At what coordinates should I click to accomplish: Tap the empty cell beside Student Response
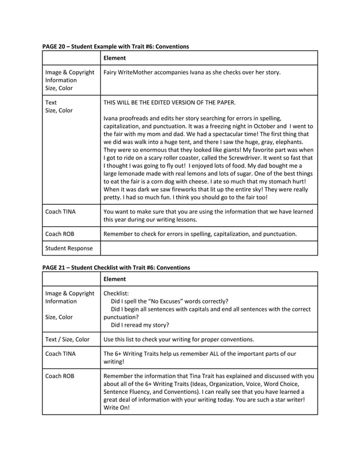(209, 248)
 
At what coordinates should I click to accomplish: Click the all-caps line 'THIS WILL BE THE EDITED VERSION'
(169, 103)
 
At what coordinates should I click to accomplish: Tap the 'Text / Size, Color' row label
(67, 340)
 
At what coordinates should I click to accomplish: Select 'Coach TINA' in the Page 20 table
(62, 212)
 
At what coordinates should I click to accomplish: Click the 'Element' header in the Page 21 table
(115, 279)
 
